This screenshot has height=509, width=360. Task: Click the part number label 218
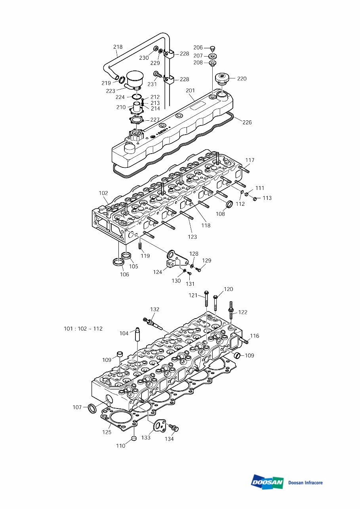[x=118, y=47]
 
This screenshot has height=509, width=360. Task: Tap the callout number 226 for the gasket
[x=247, y=122]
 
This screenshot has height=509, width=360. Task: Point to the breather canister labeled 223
[x=135, y=80]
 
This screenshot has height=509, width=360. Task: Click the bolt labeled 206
[x=213, y=48]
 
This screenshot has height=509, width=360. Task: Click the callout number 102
[x=103, y=193]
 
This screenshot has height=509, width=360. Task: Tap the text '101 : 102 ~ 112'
[x=83, y=329]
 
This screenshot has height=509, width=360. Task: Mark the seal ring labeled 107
[x=91, y=408]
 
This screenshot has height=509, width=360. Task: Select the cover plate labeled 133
[x=160, y=425]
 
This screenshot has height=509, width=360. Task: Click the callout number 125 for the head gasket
[x=107, y=432]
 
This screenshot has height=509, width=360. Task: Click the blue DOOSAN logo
[x=267, y=482]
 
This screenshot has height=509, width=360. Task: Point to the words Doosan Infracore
[x=305, y=482]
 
